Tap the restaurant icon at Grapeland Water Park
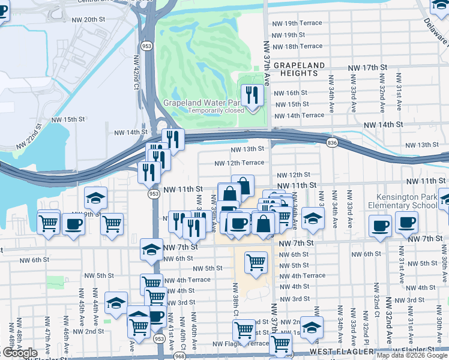point(251,94)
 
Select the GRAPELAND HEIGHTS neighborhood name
point(299,69)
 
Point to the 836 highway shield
point(332,142)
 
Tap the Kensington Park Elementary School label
point(411,201)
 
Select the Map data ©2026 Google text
point(412,355)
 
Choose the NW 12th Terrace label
point(240,163)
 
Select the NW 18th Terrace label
point(297,46)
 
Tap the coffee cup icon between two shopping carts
point(74,224)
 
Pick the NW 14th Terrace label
point(298,115)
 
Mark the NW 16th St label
point(291,93)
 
